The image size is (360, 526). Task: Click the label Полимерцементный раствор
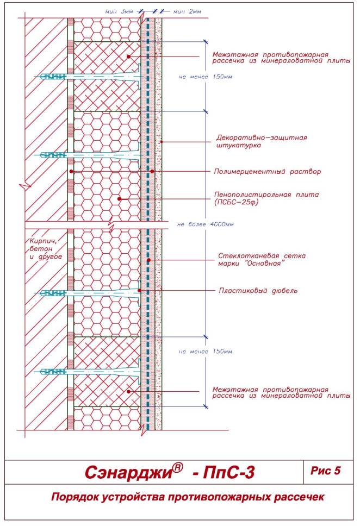[x=268, y=172]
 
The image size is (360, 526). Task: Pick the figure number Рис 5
[x=325, y=471]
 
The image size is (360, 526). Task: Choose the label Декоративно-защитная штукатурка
[x=262, y=141]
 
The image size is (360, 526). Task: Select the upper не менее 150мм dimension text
[x=205, y=77]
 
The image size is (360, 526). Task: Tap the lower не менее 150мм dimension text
[x=205, y=352]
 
